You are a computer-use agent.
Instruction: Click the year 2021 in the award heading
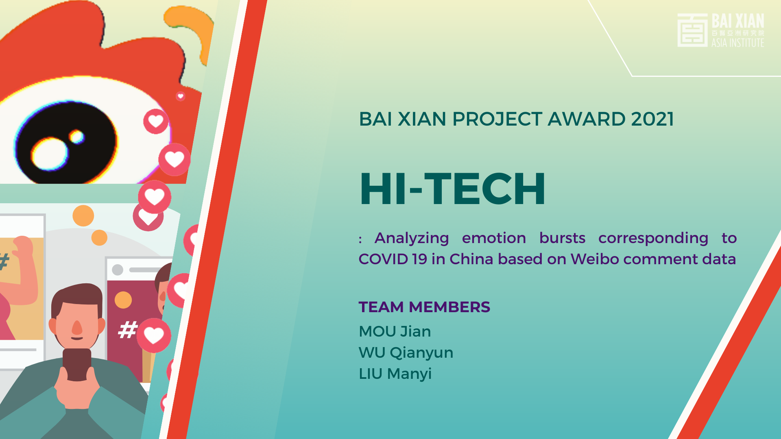pyautogui.click(x=652, y=119)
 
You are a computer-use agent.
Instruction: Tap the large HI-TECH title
pyautogui.click(x=452, y=189)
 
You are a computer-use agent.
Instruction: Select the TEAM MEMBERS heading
pyautogui.click(x=424, y=307)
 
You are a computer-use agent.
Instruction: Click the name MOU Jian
pyautogui.click(x=395, y=331)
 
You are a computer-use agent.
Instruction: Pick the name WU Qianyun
pyautogui.click(x=406, y=353)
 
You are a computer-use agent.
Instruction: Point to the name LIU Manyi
pyautogui.click(x=395, y=374)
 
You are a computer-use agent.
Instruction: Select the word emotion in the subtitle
pyautogui.click(x=494, y=238)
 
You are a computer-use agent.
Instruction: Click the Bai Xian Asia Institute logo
pyautogui.click(x=720, y=30)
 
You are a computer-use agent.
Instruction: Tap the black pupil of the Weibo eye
pyautogui.click(x=65, y=142)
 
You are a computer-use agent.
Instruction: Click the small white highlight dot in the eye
pyautogui.click(x=76, y=137)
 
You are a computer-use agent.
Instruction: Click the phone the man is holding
pyautogui.click(x=77, y=364)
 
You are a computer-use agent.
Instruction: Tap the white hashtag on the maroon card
pyautogui.click(x=127, y=330)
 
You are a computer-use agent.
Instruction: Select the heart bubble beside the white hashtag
pyautogui.click(x=153, y=335)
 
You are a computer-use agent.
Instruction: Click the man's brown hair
pyautogui.click(x=77, y=299)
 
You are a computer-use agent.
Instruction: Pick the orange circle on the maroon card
pyautogui.click(x=123, y=300)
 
